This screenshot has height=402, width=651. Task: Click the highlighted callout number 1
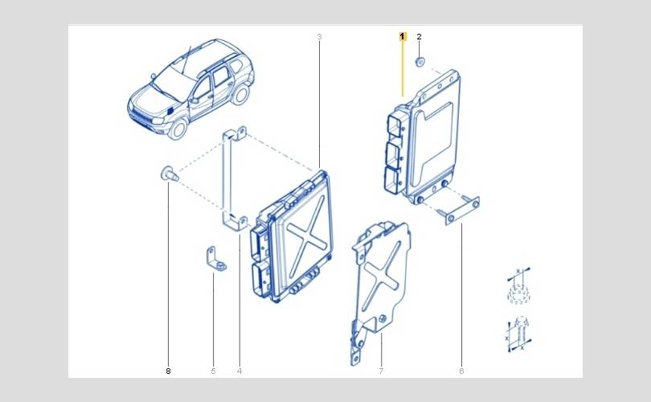tap(403, 36)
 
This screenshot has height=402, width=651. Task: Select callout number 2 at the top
tap(419, 36)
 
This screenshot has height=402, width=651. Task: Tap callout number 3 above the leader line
tap(319, 36)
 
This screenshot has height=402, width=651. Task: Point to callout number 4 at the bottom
tap(240, 371)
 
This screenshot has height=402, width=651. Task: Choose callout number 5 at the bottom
tap(214, 371)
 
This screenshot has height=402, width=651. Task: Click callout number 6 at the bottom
tap(461, 371)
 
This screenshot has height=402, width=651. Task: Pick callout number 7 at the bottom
tap(381, 371)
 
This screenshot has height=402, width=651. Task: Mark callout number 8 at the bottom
tap(168, 371)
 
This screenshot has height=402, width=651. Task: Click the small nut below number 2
tap(420, 62)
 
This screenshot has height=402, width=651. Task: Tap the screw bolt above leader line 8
tap(170, 174)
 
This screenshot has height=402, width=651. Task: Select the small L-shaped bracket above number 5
tap(215, 259)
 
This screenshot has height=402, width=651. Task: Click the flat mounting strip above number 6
tap(461, 211)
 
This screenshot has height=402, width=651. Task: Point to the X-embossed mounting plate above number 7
tap(380, 282)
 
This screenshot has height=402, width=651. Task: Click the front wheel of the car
tap(179, 129)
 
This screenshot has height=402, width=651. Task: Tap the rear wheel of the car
tap(240, 93)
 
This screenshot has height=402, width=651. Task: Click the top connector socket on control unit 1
tap(393, 124)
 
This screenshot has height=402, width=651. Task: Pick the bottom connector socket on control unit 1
tap(392, 180)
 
